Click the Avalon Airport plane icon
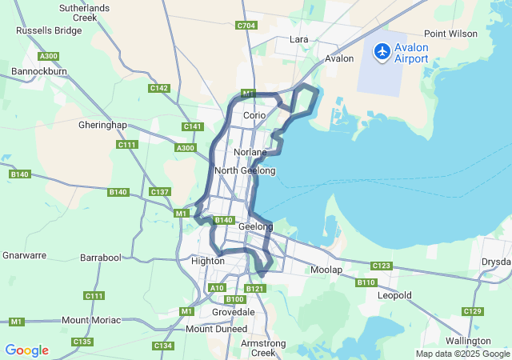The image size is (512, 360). pos(382,51)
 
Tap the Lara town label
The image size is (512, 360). pos(299,39)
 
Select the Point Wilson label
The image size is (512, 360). pos(450,34)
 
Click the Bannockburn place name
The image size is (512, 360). pos(38,71)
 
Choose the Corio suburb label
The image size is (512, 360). pos(254,115)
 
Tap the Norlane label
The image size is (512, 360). pos(250,152)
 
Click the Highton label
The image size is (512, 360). pos(207,261)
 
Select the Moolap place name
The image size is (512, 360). pos(326,270)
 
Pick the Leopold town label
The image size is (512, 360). pos(394,295)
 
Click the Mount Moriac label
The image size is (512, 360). pos(91,320)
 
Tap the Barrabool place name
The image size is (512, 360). pos(100,258)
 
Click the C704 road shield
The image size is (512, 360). pos(246,26)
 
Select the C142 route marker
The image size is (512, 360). pos(159,88)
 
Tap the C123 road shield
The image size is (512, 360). pos(382,266)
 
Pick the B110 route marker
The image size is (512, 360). pos(366,282)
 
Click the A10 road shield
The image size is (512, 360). pos(216,287)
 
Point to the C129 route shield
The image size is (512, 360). pos(473,311)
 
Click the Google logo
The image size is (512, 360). pos(27,350)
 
